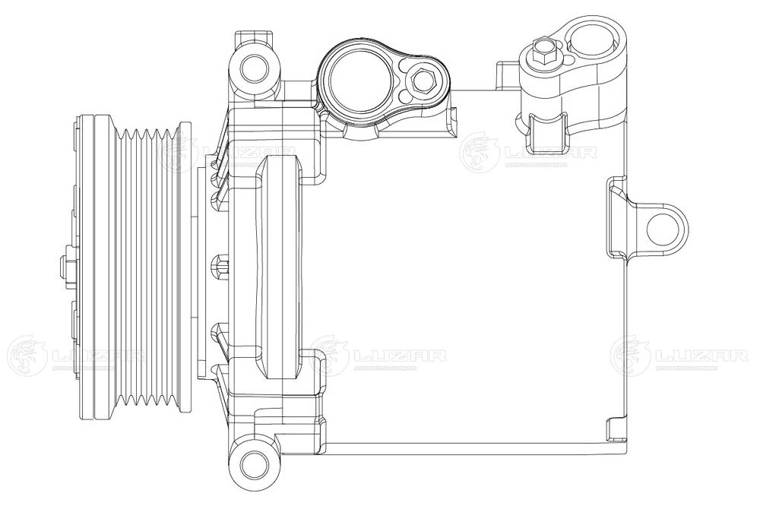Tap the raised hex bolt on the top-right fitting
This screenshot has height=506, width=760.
point(544,52)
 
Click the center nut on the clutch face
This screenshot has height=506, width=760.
point(62,268)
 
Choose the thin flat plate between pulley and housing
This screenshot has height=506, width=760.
point(203,267)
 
